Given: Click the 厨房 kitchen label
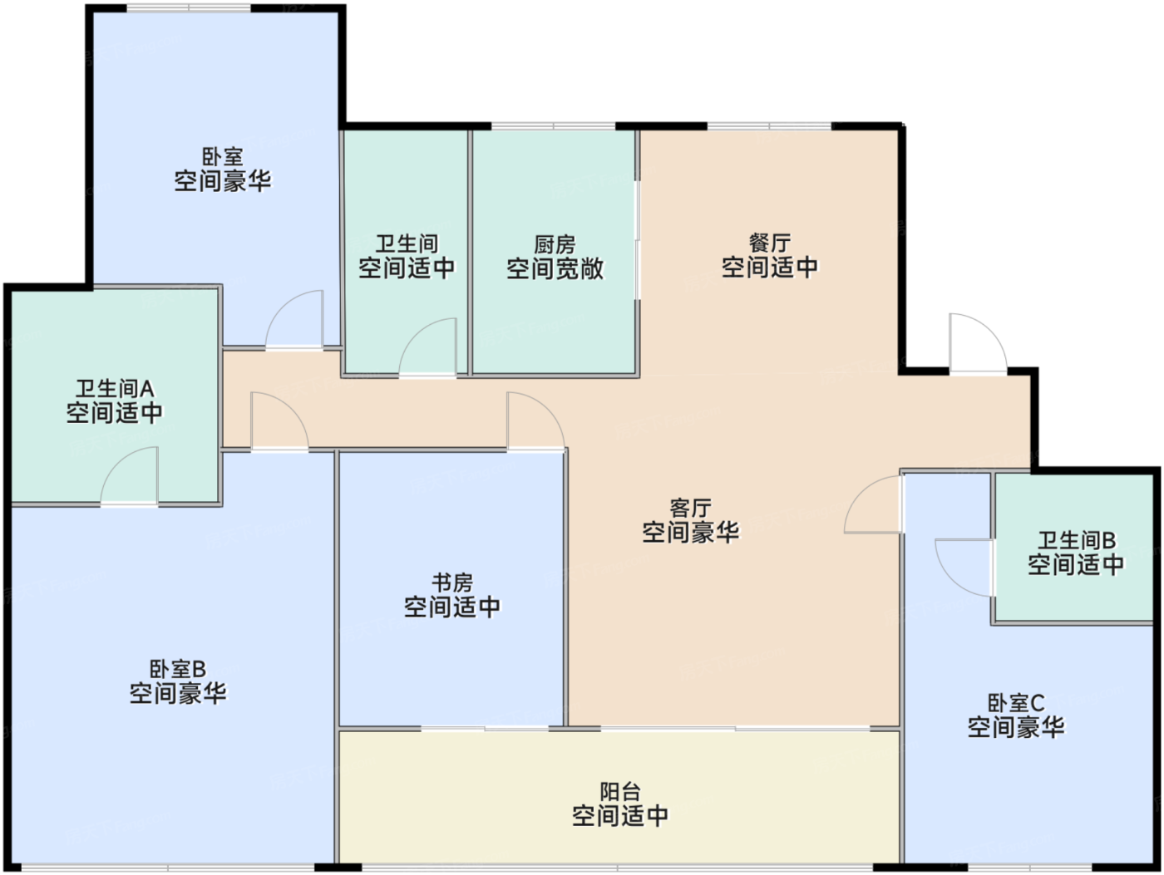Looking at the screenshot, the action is [555, 245].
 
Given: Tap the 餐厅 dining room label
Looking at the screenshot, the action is [769, 243].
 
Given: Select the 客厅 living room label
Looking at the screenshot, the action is [690, 509].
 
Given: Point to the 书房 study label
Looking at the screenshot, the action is [451, 583].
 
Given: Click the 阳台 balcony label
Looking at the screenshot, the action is [620, 793].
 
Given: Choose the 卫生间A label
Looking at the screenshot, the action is [115, 389].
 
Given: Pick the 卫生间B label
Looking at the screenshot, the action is [1077, 541].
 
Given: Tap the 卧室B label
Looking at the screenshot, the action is [178, 670].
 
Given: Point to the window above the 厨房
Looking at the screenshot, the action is [553, 126].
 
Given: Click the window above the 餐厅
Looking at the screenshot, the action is [769, 126].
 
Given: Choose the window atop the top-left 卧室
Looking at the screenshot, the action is [189, 8].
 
